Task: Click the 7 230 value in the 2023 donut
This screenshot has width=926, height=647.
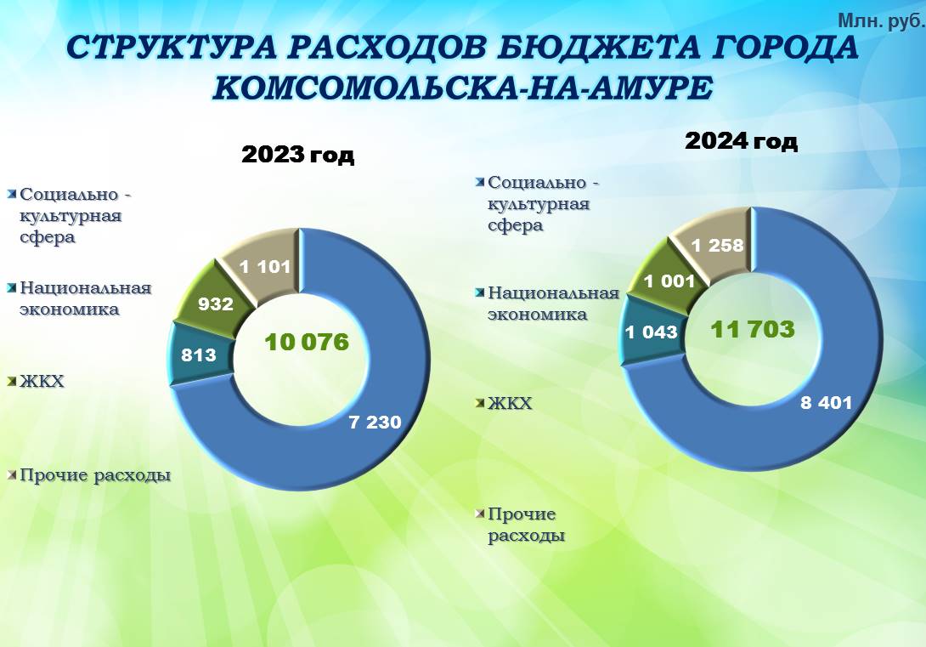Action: [375, 422]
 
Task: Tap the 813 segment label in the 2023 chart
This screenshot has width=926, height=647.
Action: [199, 355]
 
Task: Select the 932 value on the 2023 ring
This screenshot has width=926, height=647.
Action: [216, 304]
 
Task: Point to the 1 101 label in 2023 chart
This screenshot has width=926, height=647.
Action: [265, 267]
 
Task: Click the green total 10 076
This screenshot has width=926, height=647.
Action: [307, 342]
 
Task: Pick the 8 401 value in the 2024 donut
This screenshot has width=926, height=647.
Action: [827, 403]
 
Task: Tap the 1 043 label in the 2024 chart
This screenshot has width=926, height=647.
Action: [651, 332]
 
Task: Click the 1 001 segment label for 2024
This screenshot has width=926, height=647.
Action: [669, 281]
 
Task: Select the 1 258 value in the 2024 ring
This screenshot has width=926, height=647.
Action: [718, 245]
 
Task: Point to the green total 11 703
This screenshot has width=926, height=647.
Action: [753, 329]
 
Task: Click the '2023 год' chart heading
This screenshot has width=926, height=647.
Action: [298, 155]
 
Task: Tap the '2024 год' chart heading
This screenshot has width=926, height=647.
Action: [741, 141]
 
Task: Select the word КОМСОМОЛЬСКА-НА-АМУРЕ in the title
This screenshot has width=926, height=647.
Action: [462, 88]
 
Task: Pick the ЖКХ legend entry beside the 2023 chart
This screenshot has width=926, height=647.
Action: [42, 381]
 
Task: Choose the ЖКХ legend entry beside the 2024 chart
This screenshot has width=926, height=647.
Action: [510, 403]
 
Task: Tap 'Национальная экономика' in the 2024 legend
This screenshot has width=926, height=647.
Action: [553, 304]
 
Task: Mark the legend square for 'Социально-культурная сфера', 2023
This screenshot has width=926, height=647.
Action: [12, 195]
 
